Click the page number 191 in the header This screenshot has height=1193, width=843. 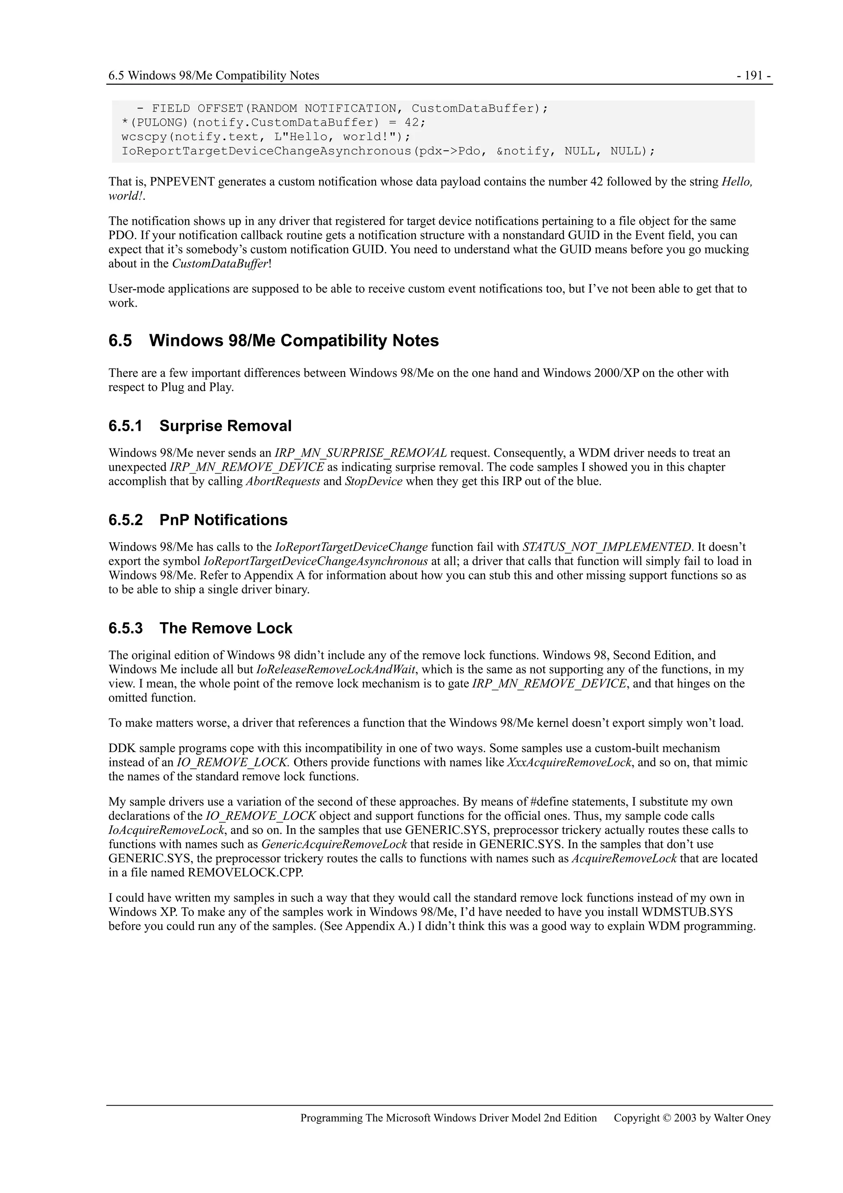(x=754, y=76)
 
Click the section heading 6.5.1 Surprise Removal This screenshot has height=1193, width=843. (x=200, y=426)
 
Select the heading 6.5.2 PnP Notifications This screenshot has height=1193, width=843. (x=198, y=520)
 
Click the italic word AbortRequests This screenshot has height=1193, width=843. (x=282, y=482)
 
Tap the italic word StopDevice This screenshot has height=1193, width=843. (x=373, y=482)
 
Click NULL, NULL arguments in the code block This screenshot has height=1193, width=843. (x=605, y=152)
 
